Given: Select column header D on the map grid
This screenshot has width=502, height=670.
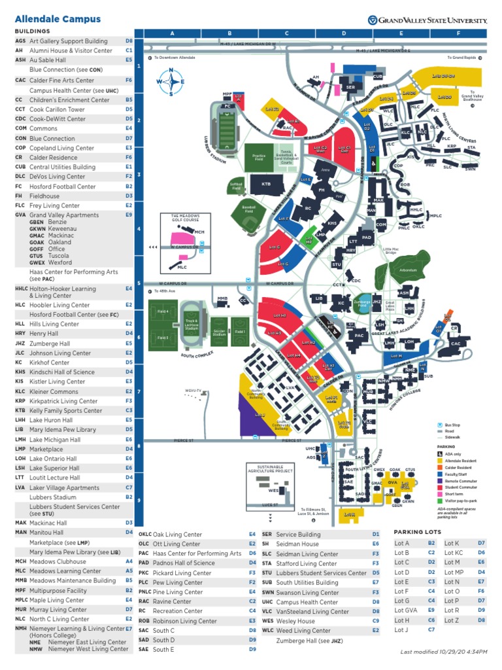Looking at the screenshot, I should [344, 33].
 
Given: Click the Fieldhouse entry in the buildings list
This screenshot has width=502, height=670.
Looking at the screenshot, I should [44, 196].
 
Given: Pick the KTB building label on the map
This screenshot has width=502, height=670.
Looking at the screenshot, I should [266, 185].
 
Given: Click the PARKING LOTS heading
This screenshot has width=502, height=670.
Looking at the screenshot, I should [417, 532].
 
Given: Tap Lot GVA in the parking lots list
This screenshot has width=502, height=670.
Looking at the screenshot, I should [405, 610].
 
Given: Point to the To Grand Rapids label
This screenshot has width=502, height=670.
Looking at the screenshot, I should [460, 58].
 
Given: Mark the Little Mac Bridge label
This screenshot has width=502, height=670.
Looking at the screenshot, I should [391, 250].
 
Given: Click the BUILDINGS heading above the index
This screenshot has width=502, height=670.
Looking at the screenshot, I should [32, 31].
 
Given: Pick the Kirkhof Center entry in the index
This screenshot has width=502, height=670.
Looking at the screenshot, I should [49, 362].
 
